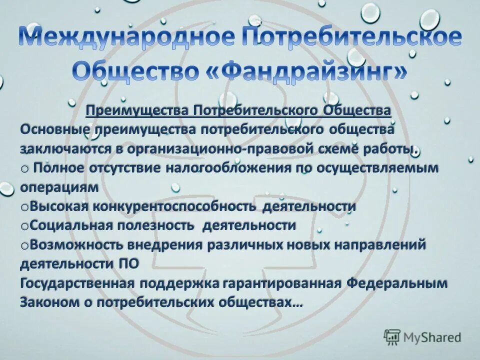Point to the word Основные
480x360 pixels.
(53, 129)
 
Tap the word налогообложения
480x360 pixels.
(230, 168)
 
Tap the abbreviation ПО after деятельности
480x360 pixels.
(127, 264)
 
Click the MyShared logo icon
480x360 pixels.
(392, 337)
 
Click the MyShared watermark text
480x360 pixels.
(433, 337)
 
